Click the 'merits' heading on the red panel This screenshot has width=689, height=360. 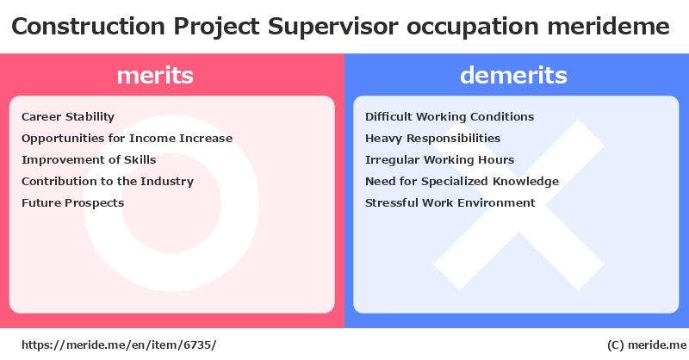click(155, 75)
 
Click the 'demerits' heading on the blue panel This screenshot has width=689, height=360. click(513, 75)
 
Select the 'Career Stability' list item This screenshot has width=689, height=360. click(68, 117)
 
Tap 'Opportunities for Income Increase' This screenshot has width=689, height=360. click(127, 139)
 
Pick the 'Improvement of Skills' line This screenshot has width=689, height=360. click(89, 160)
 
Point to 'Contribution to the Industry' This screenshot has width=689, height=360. click(108, 182)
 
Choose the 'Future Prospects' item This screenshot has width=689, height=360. click(73, 203)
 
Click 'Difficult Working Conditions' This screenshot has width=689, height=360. click(450, 117)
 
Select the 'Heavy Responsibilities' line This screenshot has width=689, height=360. click(433, 139)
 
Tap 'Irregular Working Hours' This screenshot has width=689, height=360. click(440, 160)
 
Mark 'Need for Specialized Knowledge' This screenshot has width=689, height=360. click(462, 182)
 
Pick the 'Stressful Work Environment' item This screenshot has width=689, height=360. click(450, 203)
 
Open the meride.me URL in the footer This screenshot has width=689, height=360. click(119, 345)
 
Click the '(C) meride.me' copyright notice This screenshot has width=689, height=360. click(647, 345)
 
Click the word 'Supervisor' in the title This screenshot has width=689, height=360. click(333, 27)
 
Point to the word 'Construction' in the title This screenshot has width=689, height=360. click(89, 27)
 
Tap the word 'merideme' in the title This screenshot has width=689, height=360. click(609, 27)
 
